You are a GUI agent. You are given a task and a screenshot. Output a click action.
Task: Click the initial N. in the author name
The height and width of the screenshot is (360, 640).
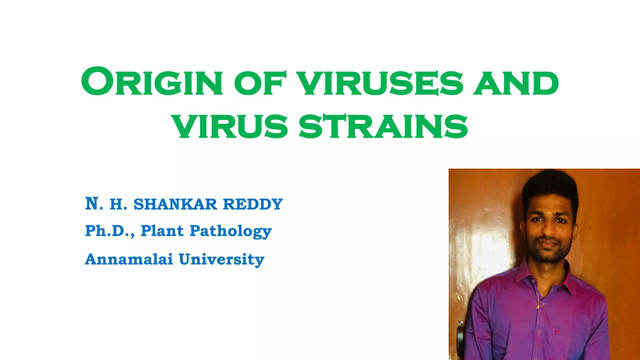pos(94,204)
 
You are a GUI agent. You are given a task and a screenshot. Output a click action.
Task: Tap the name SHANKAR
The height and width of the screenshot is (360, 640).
pos(175,204)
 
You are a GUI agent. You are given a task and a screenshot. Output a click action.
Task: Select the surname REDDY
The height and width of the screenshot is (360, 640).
pos(253,204)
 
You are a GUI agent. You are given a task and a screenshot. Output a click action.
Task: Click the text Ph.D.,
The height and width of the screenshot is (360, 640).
pos(110,231)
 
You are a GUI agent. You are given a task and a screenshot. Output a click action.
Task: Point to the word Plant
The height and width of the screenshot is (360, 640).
pos(162,231)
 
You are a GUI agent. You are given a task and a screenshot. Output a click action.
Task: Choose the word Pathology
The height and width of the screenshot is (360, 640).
pos(231,232)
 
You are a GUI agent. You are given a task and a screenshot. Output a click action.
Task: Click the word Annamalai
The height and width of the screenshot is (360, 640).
pos(129,259)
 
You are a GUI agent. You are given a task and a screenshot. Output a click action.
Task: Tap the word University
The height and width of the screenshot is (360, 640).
pos(222,260)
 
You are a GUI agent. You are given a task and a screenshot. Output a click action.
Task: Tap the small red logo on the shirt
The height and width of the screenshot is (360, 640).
pos(556,332)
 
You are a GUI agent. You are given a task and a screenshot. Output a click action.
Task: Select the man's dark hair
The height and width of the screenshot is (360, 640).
pos(550,187)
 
